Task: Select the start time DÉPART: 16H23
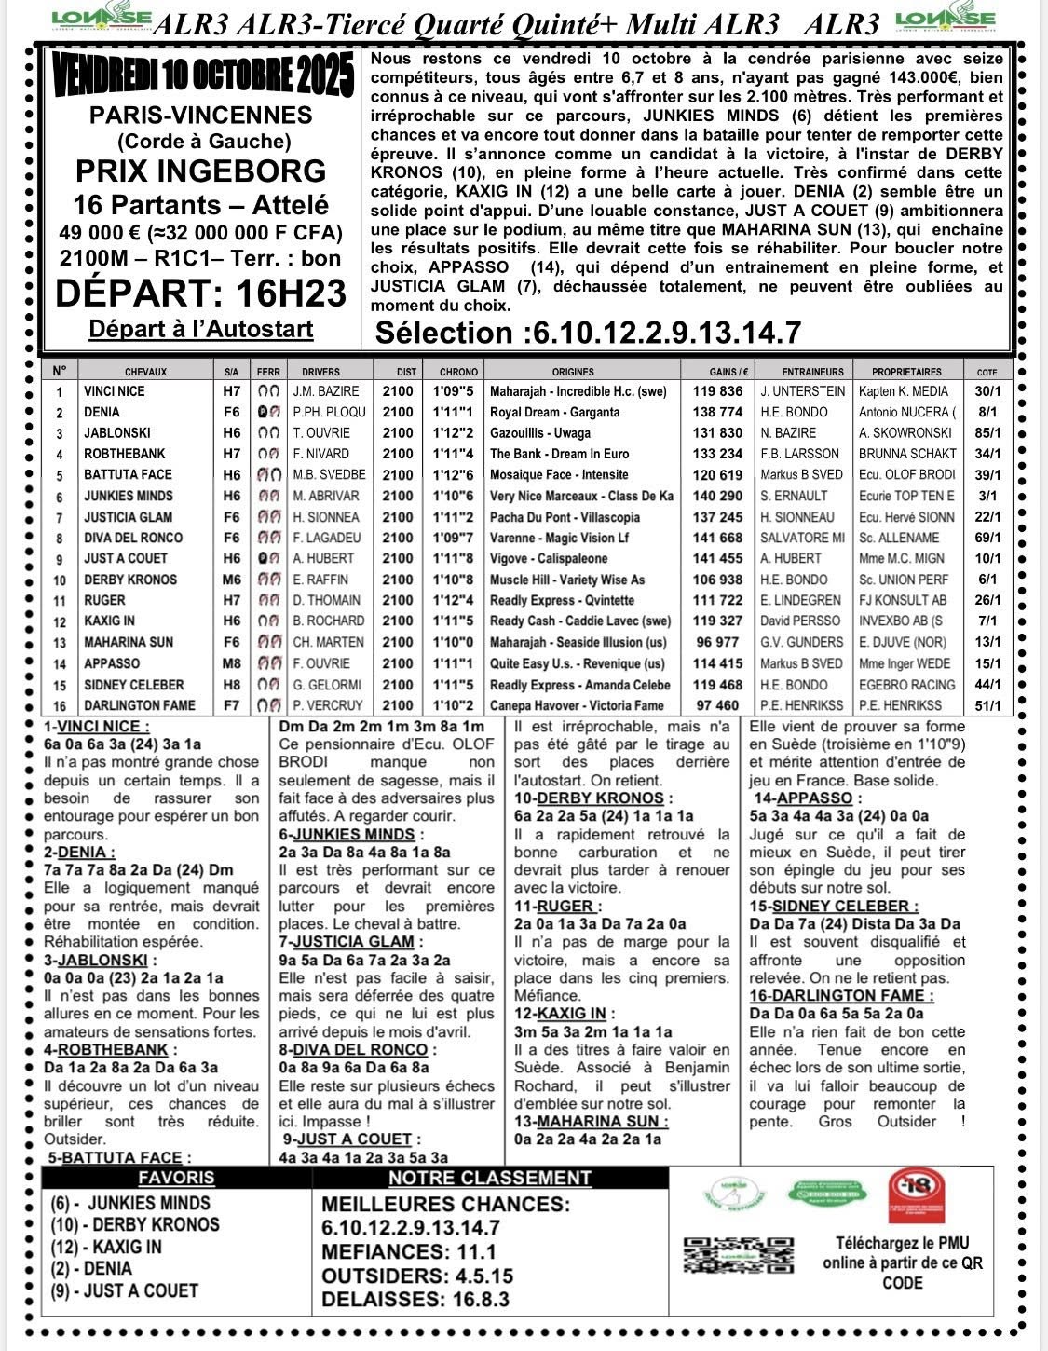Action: click(201, 293)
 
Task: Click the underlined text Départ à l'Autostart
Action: click(201, 329)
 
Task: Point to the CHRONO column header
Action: click(458, 372)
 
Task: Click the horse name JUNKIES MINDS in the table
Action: click(129, 496)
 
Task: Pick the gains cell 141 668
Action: click(717, 538)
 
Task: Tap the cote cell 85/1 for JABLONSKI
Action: click(987, 433)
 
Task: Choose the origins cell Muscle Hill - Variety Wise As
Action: click(566, 580)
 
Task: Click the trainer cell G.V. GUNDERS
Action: click(801, 642)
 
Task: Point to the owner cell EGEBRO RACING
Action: click(906, 685)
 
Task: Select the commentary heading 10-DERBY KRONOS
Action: click(592, 798)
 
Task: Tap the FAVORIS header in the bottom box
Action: click(176, 1178)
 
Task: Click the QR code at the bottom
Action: click(739, 1254)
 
